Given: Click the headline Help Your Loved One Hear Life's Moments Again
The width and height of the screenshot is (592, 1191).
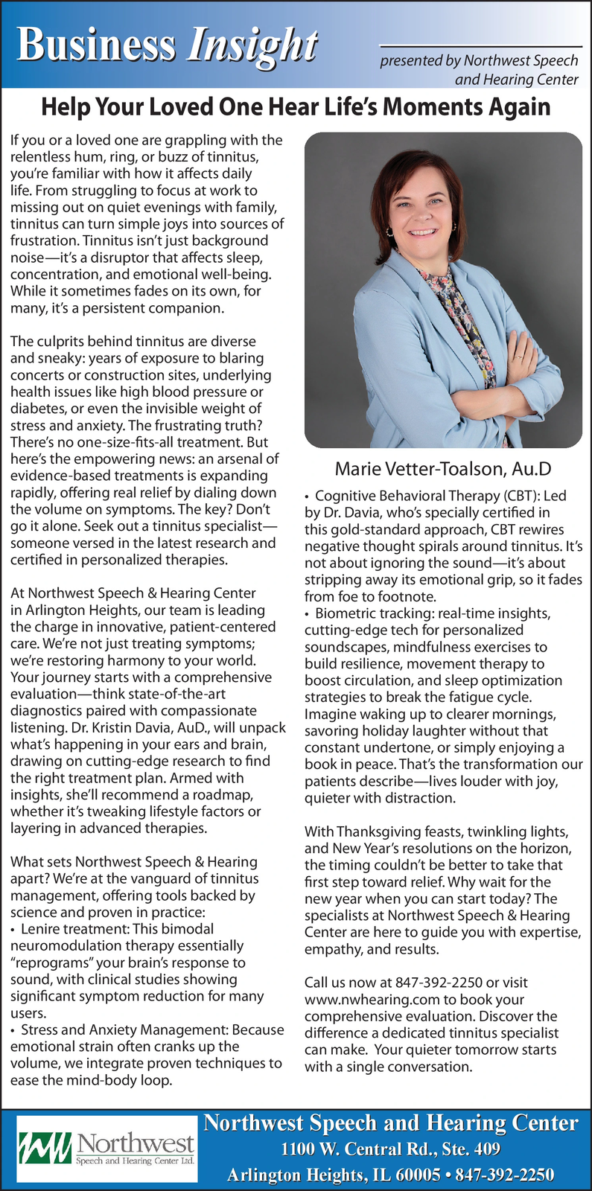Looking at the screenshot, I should pos(296,107).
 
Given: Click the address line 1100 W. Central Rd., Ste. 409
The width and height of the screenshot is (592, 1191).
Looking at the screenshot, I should pos(390,1149).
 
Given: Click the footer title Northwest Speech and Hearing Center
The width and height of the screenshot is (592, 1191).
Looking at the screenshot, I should pos(390,1123).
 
